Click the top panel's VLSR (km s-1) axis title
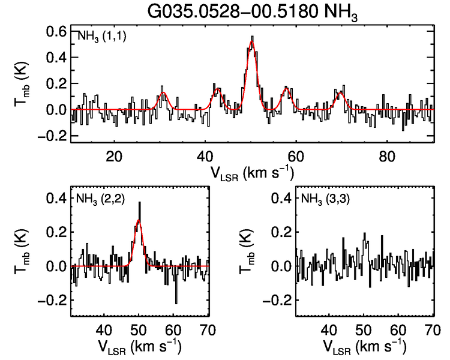[252, 173]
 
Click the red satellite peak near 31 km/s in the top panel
[163, 93]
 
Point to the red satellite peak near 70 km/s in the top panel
[341, 92]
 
